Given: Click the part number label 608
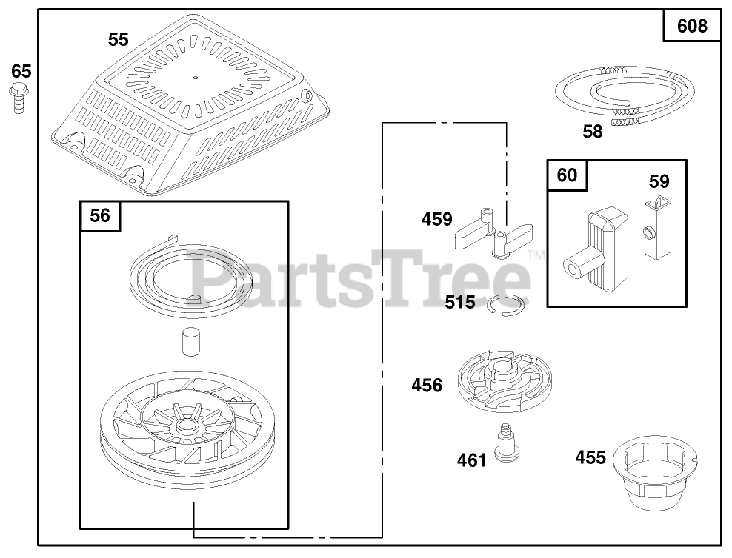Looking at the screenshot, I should click(691, 27).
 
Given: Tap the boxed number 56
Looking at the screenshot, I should click(100, 215).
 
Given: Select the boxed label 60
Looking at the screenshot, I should click(567, 175).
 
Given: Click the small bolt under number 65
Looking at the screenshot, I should click(18, 97).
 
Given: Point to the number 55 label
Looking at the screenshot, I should click(118, 40).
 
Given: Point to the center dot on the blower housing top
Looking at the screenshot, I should click(195, 76).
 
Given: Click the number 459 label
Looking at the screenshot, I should click(436, 219).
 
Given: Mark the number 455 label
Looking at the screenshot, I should click(590, 457).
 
